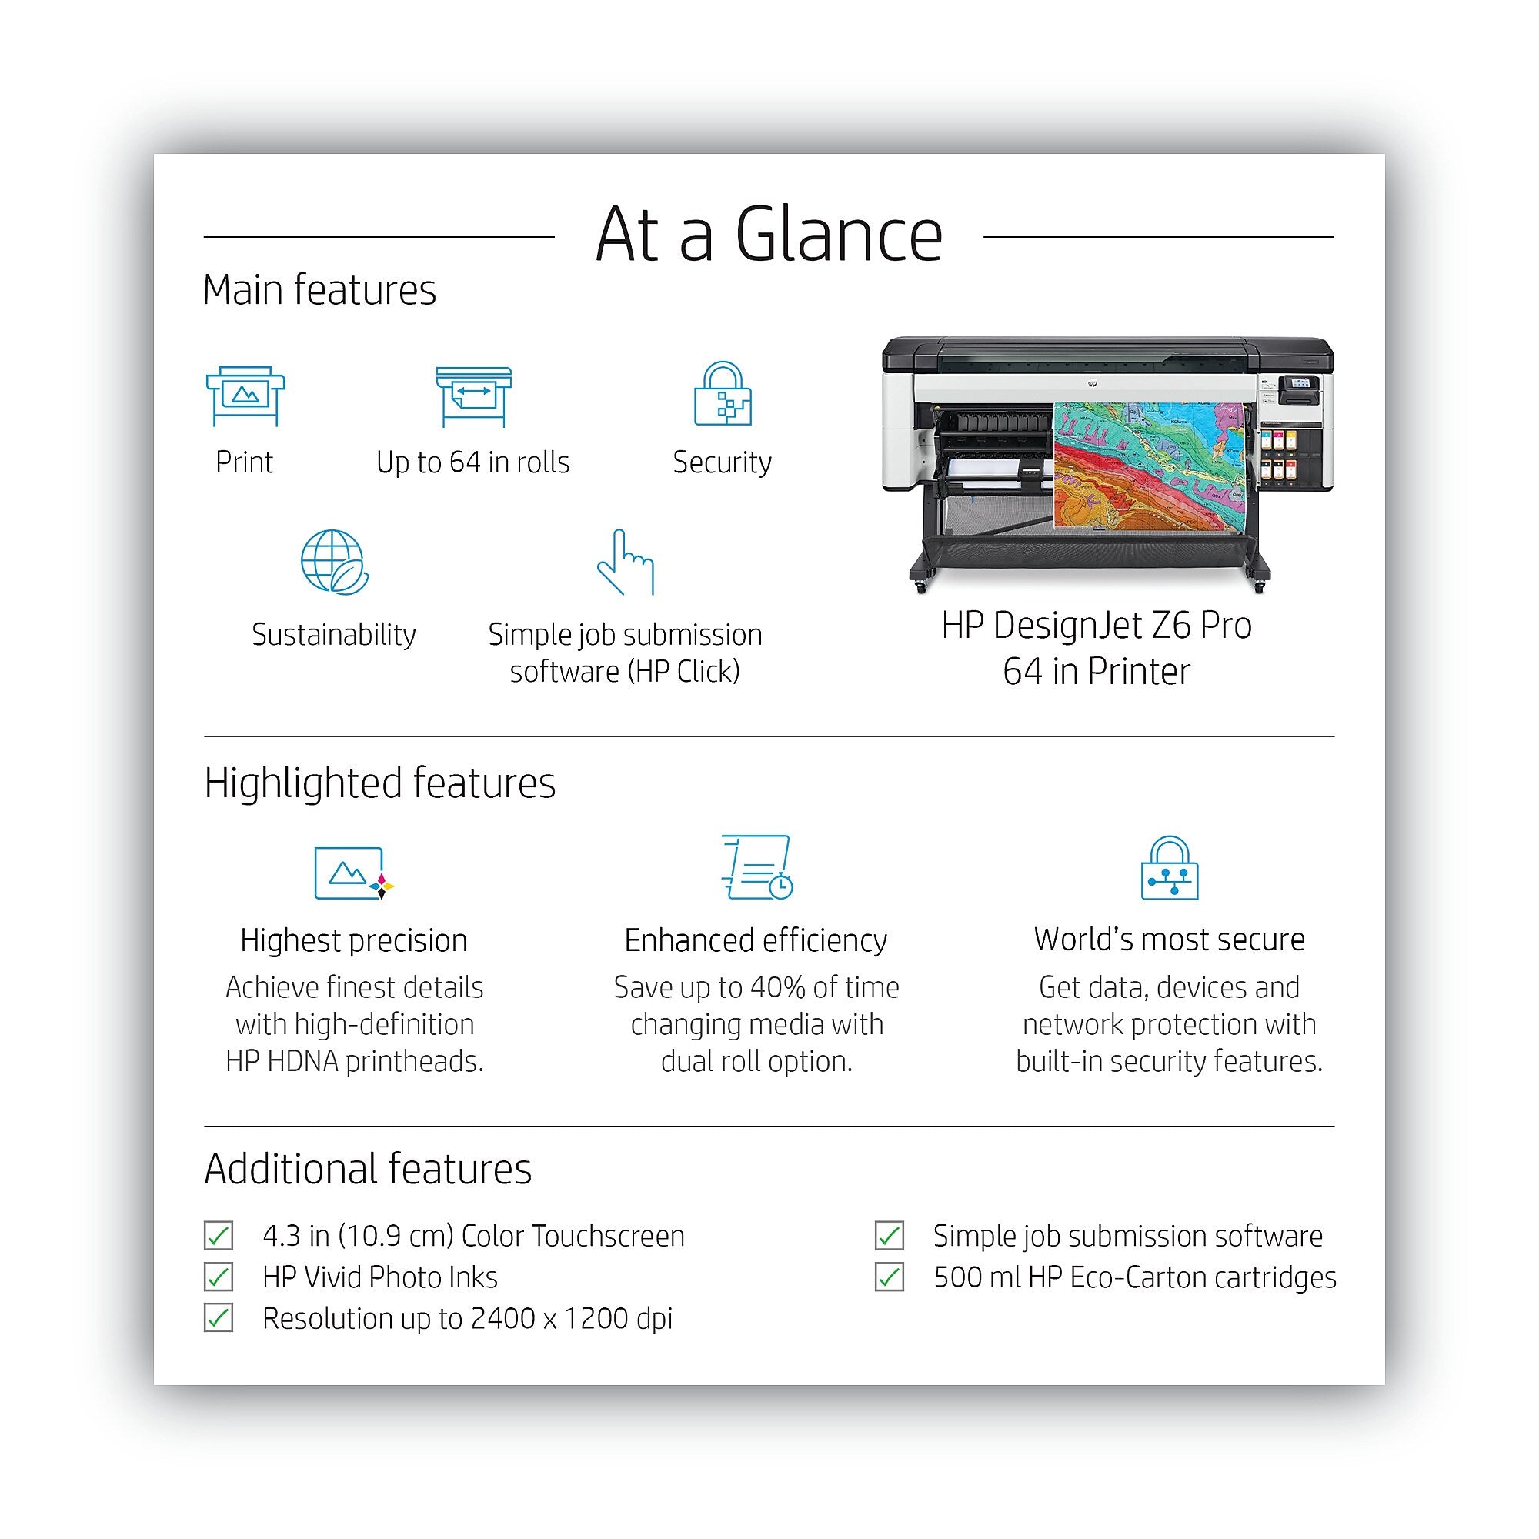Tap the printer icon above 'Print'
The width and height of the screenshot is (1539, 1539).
[245, 396]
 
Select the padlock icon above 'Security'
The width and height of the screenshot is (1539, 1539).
[723, 393]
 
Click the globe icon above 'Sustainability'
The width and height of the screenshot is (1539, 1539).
[335, 562]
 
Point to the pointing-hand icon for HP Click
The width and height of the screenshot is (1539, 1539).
[626, 562]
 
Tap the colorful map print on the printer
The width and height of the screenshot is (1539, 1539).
[1149, 466]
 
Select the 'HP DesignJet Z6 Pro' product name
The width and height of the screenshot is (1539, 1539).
[1096, 626]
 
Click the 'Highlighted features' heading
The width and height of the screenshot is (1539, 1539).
[380, 783]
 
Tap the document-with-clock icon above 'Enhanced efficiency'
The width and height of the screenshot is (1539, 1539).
[756, 867]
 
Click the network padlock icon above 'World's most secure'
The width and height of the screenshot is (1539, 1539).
[1170, 867]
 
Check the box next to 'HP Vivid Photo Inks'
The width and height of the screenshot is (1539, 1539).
[219, 1277]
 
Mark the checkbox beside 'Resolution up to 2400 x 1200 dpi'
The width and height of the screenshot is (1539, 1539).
[219, 1318]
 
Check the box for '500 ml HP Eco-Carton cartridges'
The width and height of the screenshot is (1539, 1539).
[889, 1277]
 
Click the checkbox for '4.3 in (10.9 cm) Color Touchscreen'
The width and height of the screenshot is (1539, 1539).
[219, 1236]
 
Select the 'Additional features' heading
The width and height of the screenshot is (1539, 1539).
[368, 1170]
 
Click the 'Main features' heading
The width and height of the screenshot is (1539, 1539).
[319, 290]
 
